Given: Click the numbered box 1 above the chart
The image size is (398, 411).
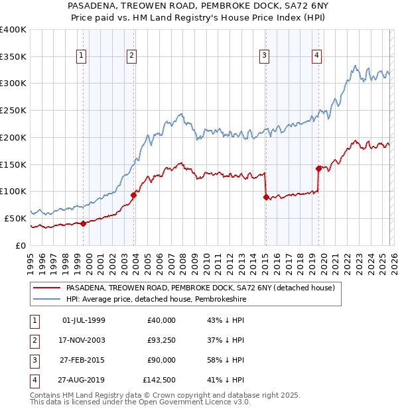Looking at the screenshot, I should (80, 56).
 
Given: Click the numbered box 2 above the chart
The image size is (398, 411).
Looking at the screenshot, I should (132, 56).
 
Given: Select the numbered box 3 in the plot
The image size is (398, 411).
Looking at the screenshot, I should (264, 56).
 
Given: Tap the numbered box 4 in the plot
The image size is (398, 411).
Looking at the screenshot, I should (317, 56).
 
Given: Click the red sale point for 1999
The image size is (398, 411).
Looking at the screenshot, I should (83, 223).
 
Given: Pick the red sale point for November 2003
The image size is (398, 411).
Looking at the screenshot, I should (134, 195).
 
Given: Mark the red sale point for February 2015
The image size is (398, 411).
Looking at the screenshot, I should (266, 197).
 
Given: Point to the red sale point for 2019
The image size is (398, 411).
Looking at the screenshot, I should (318, 168).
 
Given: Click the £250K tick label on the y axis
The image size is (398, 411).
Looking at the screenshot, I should (13, 110).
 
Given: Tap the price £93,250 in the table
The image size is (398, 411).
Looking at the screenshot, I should (161, 340).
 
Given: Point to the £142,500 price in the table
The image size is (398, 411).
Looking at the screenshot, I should (159, 380).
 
